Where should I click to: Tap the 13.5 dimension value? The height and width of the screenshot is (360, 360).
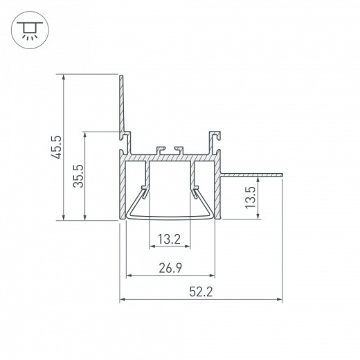pyautogui.click(x=253, y=197)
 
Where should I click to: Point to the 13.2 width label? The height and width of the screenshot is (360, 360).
pyautogui.click(x=169, y=240)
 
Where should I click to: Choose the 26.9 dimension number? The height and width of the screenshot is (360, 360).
pyautogui.click(x=170, y=267)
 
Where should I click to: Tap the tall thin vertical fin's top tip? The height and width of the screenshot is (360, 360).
pyautogui.click(x=122, y=77)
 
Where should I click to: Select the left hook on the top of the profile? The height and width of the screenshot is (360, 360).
pyautogui.click(x=162, y=149)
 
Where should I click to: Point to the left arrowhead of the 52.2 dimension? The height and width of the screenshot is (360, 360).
pyautogui.click(x=123, y=300)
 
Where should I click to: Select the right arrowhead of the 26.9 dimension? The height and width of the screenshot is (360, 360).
pyautogui.click(x=213, y=275)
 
